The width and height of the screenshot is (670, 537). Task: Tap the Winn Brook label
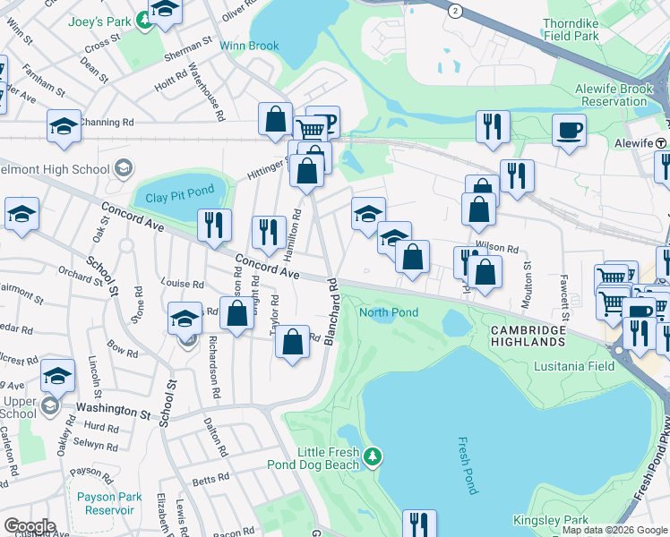click(x=251, y=46)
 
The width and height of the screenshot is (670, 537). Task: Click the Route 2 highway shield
click(x=456, y=11)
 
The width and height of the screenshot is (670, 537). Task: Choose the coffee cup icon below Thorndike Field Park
click(x=569, y=131)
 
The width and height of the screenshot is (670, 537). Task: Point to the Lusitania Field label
click(x=573, y=367)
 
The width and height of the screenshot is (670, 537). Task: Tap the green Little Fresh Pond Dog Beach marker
click(x=374, y=457)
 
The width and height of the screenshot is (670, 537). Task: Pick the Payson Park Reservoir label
click(x=109, y=503)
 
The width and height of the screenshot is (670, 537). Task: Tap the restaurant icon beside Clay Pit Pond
click(x=214, y=226)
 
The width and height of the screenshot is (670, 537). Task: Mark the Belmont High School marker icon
click(x=123, y=168)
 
